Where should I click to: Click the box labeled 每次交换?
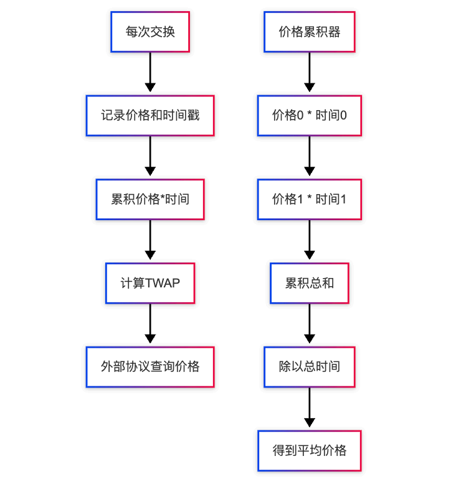pos(150,32)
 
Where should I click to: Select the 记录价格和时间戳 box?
pos(150,116)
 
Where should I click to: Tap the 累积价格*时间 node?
pos(150,200)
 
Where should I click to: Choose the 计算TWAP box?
pos(150,283)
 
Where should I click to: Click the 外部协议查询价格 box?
pos(150,367)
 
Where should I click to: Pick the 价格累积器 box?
pos(309,32)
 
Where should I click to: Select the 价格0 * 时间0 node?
pos(309,116)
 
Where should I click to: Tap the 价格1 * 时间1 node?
pos(309,200)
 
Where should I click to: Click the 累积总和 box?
pos(309,283)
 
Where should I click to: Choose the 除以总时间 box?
pos(309,367)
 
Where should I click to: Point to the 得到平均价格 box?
pos(309,450)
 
